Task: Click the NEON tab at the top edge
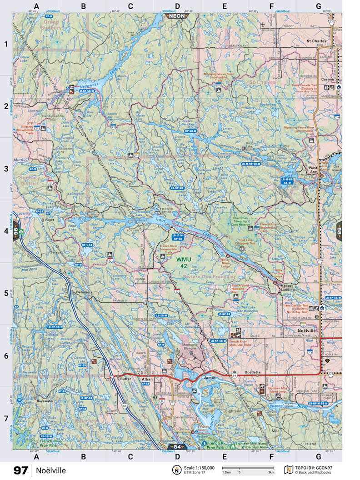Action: (x=177, y=15)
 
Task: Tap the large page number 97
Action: (x=20, y=470)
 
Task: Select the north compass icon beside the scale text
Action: (x=175, y=470)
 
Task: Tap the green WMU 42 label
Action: (x=183, y=263)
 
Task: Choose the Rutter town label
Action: (x=125, y=377)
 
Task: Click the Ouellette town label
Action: (x=253, y=372)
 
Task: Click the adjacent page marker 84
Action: (x=177, y=446)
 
